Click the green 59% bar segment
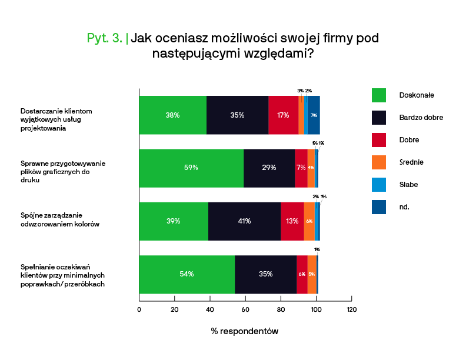pos(191,168)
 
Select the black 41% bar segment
pos(244,221)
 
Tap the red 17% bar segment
pos(283,115)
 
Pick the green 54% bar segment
pos(187,274)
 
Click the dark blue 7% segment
pos(314,115)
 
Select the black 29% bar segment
pos(269,168)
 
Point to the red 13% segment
pos(292,221)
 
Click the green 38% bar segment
pos(172,115)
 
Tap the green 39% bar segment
pos(173,221)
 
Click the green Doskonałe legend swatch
pos(379,95)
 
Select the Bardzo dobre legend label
pos(421,118)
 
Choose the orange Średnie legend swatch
pos(379,162)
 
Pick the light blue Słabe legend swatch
pos(379,185)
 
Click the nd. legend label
pos(404,207)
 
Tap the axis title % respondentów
pos(244,331)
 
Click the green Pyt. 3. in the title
pos(105,39)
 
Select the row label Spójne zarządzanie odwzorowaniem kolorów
pos(60,221)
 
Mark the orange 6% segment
pos(309,221)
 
